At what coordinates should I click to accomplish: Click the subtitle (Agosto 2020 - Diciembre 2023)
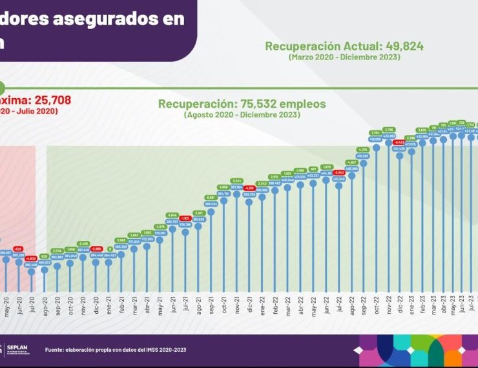tap(242, 115)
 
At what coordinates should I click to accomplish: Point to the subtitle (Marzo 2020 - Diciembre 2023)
tap(344, 57)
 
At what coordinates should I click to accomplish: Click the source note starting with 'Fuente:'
tap(117, 350)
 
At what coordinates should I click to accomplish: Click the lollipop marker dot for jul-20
tap(31, 272)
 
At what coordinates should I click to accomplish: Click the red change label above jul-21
tap(185, 218)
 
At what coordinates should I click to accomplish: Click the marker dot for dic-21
tap(249, 201)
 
